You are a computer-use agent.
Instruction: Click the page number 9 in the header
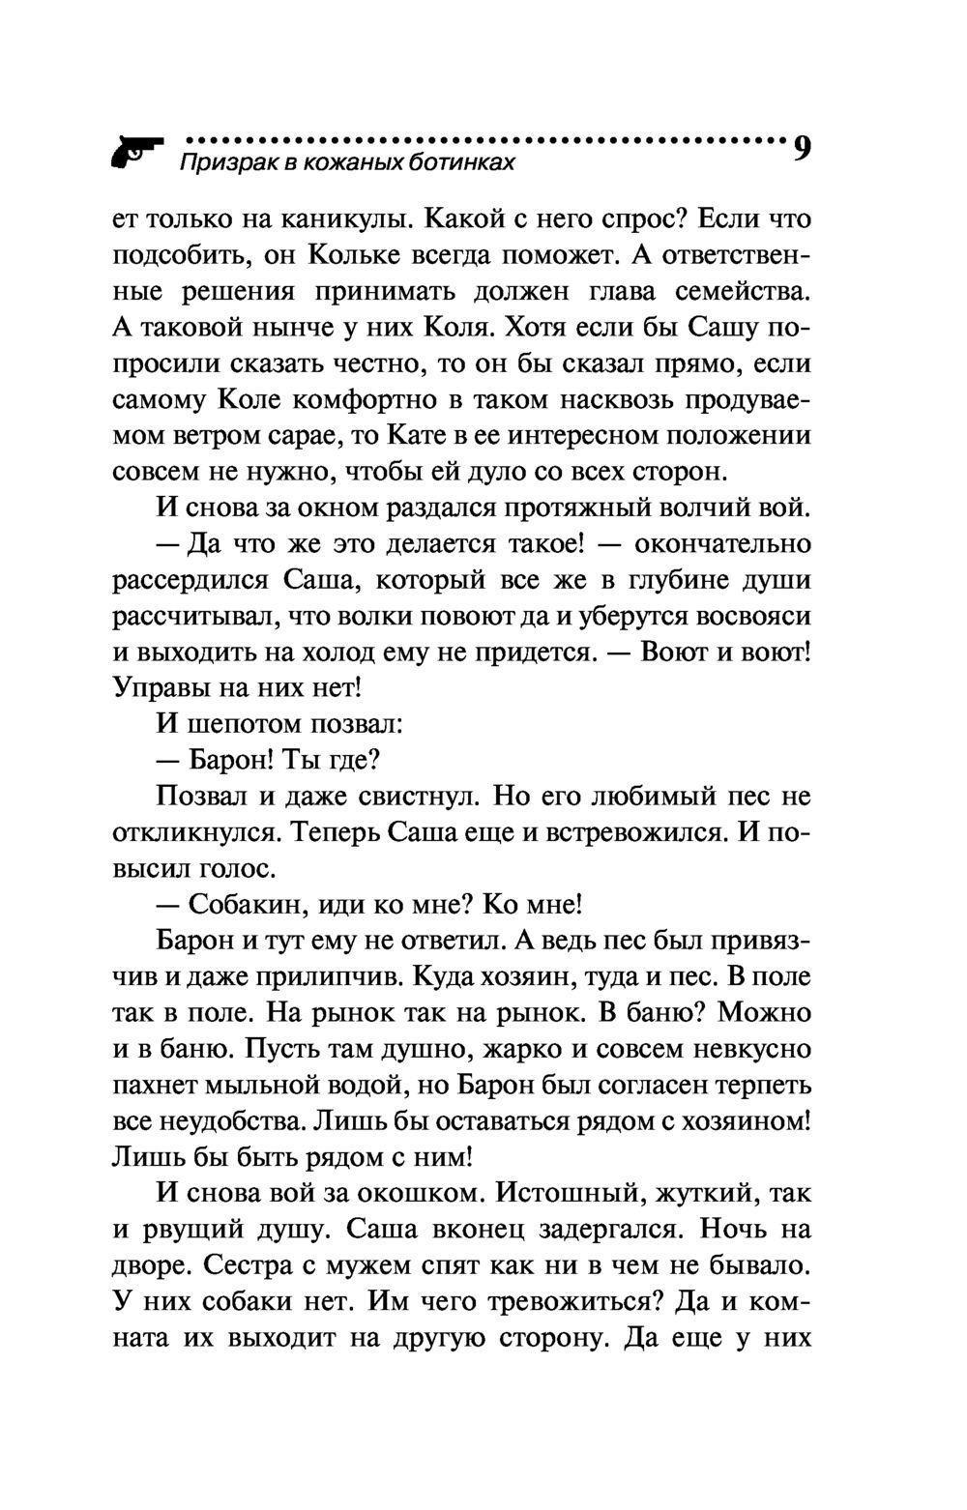click(x=802, y=149)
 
